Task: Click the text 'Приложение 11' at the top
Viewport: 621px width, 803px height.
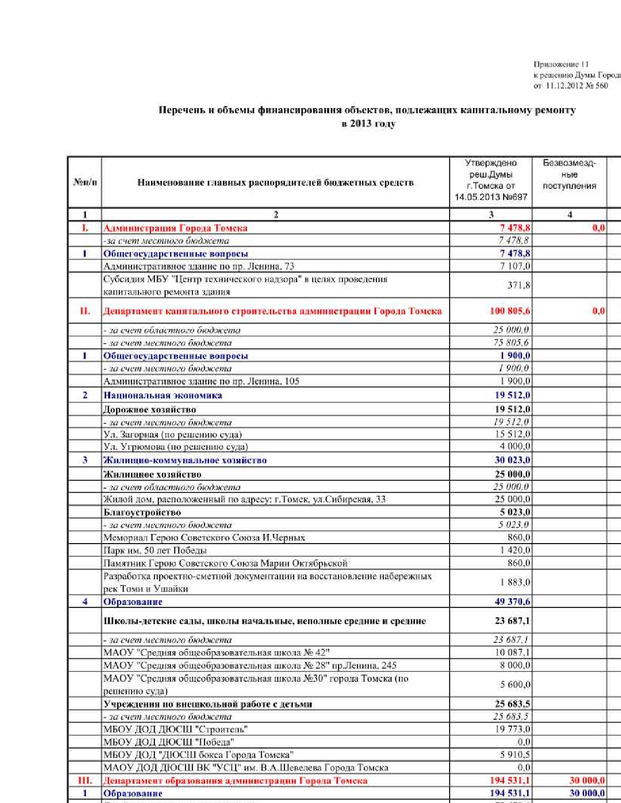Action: click(x=561, y=64)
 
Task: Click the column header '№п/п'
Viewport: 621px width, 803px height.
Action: click(x=85, y=182)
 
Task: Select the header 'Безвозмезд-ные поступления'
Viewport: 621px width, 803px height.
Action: click(x=569, y=174)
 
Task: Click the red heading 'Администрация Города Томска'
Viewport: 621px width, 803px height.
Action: click(x=175, y=228)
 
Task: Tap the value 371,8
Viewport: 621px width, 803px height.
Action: click(x=518, y=285)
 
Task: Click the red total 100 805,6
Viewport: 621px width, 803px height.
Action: click(x=509, y=311)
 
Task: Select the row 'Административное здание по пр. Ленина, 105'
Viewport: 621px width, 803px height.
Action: click(x=201, y=381)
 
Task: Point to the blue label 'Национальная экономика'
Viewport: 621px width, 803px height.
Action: click(x=163, y=395)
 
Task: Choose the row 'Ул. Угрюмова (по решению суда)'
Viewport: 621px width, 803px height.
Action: click(x=175, y=447)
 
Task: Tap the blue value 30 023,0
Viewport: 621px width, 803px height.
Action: click(x=512, y=460)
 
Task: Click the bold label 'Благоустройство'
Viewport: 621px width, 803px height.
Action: click(x=142, y=512)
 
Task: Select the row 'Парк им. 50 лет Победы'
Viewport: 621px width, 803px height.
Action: click(x=155, y=550)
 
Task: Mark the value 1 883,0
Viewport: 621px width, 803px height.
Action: click(x=515, y=582)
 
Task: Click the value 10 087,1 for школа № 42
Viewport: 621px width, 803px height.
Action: click(x=512, y=653)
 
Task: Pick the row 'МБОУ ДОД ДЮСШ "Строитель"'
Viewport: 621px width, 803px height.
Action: click(x=175, y=729)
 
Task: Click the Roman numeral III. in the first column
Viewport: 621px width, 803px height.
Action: click(x=85, y=781)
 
